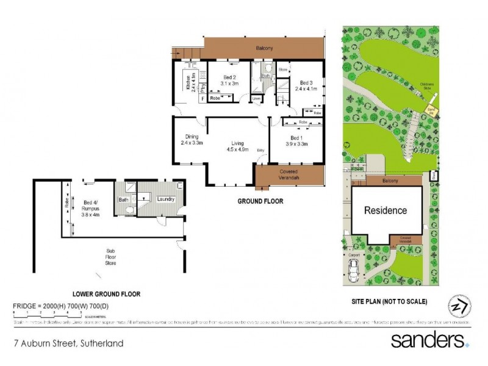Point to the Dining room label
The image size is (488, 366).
click(192, 137)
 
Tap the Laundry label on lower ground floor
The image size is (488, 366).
click(166, 199)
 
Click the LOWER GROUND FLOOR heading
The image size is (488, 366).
click(107, 294)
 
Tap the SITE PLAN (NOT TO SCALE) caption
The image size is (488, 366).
click(389, 301)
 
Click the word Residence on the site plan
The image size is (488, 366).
click(385, 211)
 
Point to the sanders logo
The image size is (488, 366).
click(429, 339)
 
